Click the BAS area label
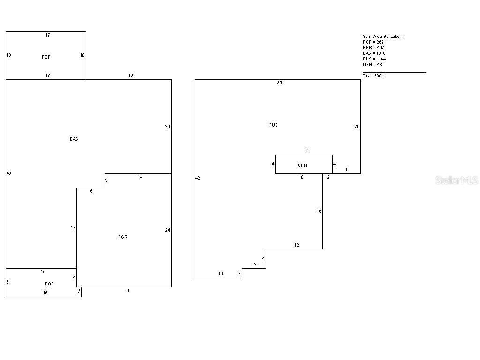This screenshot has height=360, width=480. coord(74,139)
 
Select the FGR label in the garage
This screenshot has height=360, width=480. coord(123,237)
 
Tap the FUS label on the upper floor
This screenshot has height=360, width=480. coord(273,125)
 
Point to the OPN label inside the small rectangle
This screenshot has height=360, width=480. coord(302,165)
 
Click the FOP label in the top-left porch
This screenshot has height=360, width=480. coord(46,57)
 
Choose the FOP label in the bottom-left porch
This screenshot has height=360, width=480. coord(49,284)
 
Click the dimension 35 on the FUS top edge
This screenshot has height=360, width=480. coord(280,83)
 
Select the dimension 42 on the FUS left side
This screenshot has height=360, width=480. coord(198,178)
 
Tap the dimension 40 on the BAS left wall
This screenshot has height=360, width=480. coord(8,173)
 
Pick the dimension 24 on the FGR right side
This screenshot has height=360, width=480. coord(167,230)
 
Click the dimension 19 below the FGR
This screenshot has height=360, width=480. coord(128,291)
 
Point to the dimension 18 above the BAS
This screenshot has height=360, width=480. coord(131,75)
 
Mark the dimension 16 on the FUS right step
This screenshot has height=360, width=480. coord(319,211)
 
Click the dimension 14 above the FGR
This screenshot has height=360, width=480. coord(140,177)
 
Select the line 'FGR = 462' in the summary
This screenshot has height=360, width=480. coord(374,48)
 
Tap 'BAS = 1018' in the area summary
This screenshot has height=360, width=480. coord(374,53)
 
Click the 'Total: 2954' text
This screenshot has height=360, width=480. coord(373,76)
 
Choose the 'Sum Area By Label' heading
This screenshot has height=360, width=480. coord(383,37)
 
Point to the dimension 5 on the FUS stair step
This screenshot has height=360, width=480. coord(255,264)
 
